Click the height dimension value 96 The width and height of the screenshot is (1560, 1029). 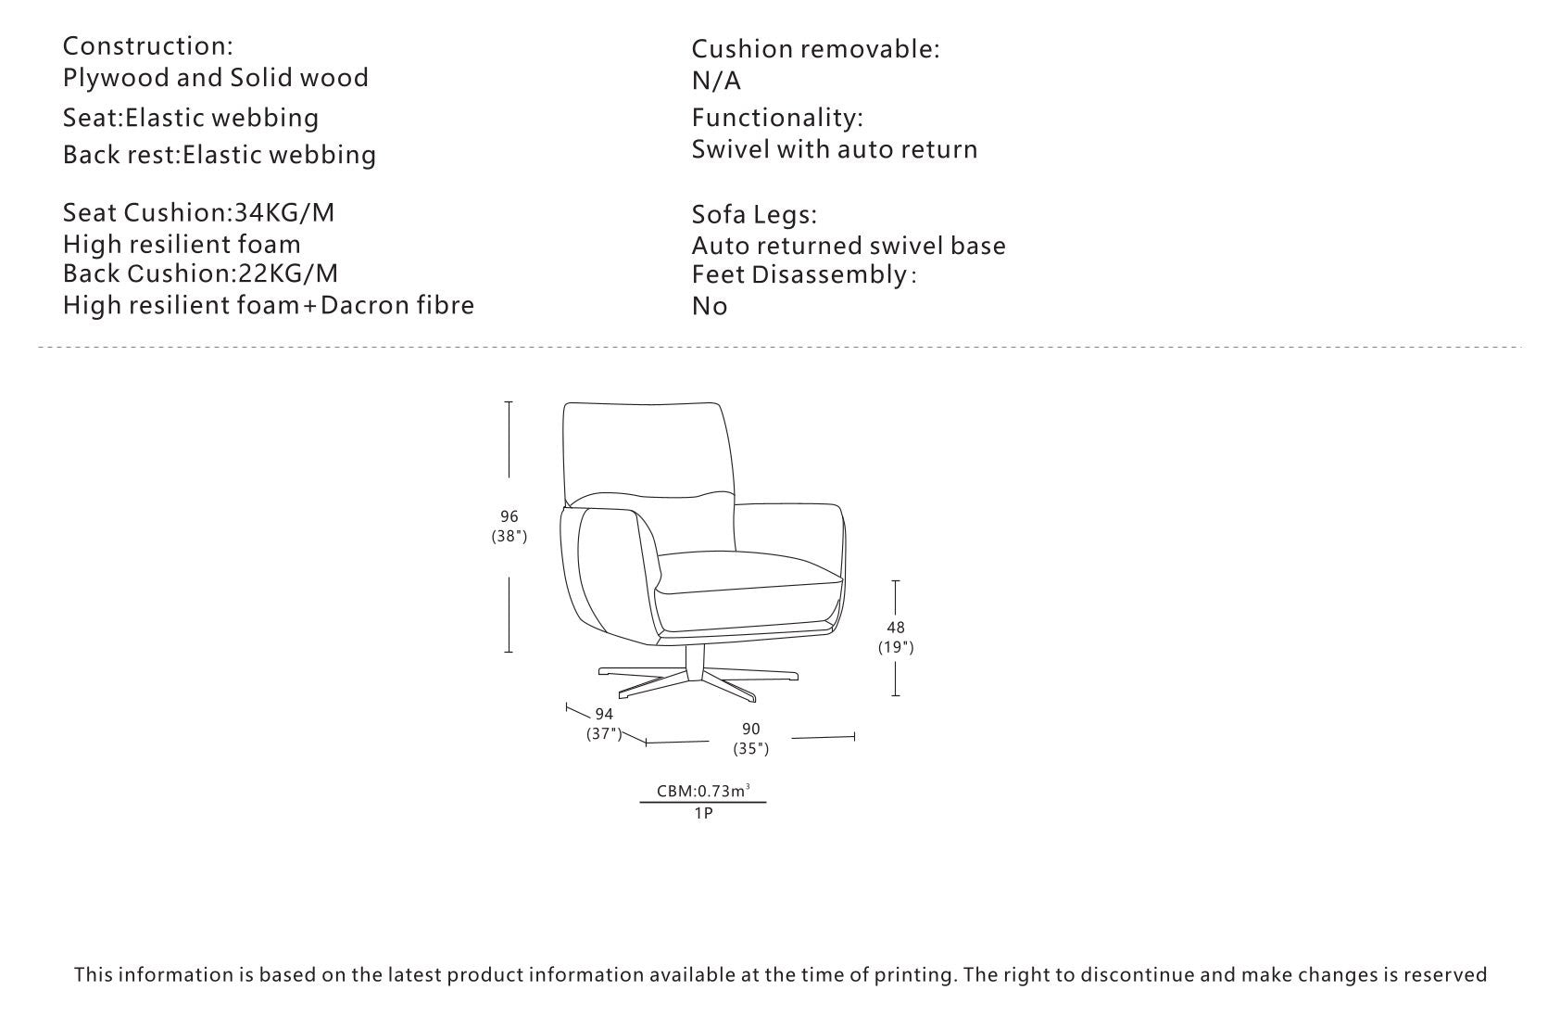point(509,516)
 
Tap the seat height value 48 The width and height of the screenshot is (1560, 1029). point(896,628)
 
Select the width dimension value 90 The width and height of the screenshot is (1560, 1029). point(750,730)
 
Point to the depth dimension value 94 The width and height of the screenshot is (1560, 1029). point(604,714)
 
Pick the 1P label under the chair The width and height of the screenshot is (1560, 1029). point(703,813)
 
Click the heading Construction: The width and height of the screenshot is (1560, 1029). point(148,45)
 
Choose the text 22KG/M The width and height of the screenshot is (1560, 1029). point(288,273)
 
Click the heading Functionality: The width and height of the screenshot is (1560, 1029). point(777,118)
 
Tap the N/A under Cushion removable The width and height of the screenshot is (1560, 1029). point(716,82)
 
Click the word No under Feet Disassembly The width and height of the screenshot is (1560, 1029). point(710,306)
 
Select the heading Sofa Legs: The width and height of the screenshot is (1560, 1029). point(754,215)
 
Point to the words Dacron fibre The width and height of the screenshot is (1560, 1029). point(396,305)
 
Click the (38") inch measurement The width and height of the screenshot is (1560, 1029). point(509,536)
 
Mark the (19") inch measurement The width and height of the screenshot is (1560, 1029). point(896,647)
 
